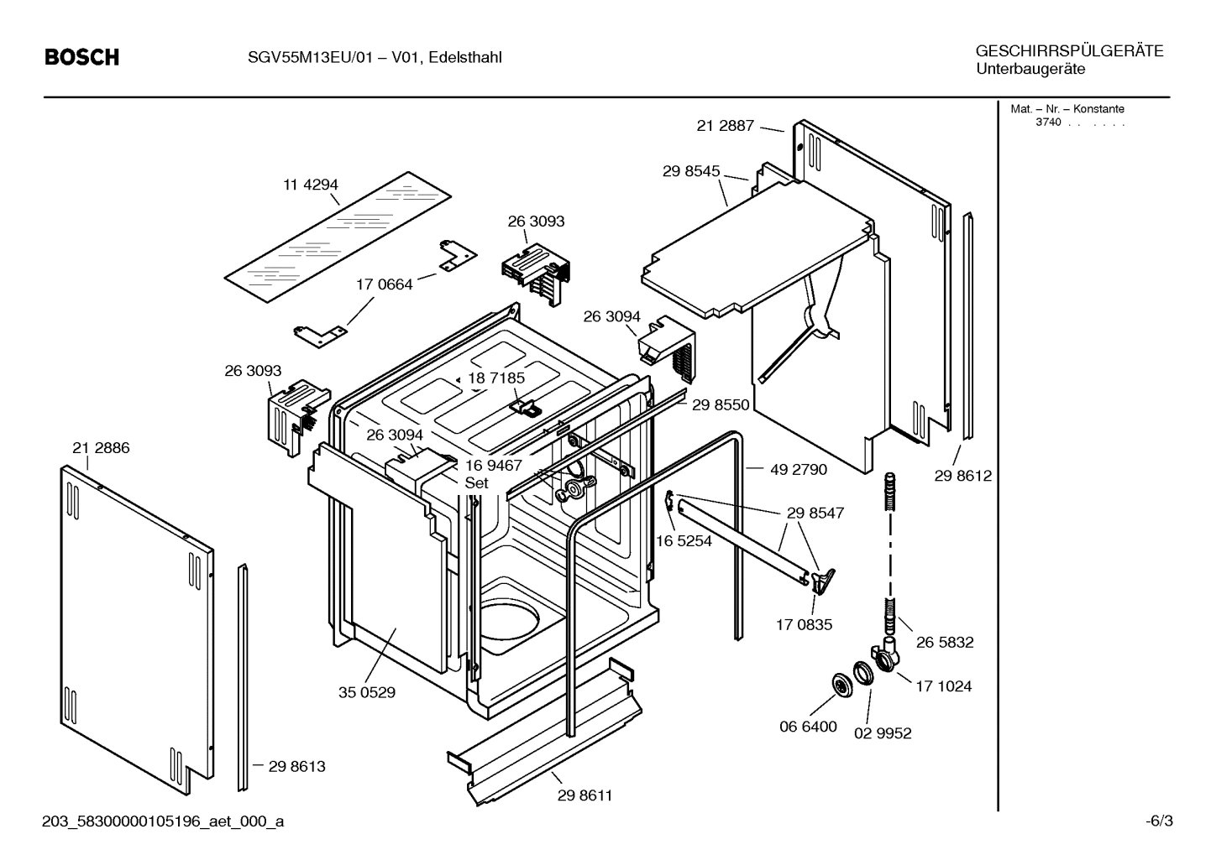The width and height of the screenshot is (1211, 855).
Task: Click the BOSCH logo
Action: coord(81,57)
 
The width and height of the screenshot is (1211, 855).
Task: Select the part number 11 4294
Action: coord(310,185)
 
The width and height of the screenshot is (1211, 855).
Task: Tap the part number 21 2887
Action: coord(725,125)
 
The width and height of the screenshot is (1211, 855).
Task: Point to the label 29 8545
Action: coord(690,171)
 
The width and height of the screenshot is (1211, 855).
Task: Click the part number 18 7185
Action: coord(495,378)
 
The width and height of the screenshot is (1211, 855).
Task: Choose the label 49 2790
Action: coord(798,470)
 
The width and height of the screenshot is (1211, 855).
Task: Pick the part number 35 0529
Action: coord(367,692)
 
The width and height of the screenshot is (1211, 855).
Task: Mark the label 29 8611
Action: coord(585,795)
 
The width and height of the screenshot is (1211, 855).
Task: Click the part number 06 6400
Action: coord(808,727)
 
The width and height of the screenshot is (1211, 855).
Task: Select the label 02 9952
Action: coord(883,733)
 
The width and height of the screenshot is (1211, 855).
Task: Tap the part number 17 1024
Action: coord(943,686)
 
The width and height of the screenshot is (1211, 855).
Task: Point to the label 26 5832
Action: coord(945,643)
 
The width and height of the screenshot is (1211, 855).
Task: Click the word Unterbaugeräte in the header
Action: coord(1030,69)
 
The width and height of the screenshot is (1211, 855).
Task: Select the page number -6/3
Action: coord(1158,821)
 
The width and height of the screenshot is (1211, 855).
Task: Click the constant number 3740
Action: coord(1047,123)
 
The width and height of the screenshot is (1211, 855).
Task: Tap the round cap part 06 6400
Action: coord(838,684)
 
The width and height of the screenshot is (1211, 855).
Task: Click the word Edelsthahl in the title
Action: coord(464,58)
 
